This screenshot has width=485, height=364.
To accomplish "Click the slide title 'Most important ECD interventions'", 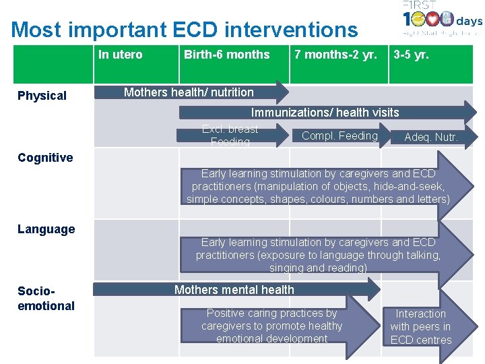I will (185, 30).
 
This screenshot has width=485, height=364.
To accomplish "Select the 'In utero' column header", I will (121, 55).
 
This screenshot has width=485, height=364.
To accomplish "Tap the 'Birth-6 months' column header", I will (226, 55).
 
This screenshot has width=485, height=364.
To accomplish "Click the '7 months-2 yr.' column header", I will (335, 55).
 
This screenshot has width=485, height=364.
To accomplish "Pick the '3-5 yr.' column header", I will (411, 55).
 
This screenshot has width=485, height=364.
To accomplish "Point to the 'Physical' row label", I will (42, 96).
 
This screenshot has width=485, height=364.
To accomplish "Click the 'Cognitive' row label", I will (45, 158).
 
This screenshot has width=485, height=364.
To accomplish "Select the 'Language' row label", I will (46, 229).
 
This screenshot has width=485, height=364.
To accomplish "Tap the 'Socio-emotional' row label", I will (46, 299).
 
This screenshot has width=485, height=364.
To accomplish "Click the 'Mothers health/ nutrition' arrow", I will (189, 92).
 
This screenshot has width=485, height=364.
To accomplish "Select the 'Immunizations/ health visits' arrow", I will (325, 113).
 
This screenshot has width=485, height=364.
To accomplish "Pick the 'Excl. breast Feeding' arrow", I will (230, 135).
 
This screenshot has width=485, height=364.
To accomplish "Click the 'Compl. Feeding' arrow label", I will (339, 136).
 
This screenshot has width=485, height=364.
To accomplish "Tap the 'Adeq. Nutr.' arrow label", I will (430, 138).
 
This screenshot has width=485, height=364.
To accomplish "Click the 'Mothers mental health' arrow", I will (234, 290).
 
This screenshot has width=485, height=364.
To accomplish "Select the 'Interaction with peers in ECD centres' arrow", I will (421, 327).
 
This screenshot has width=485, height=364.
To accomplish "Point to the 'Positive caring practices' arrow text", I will (272, 326).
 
